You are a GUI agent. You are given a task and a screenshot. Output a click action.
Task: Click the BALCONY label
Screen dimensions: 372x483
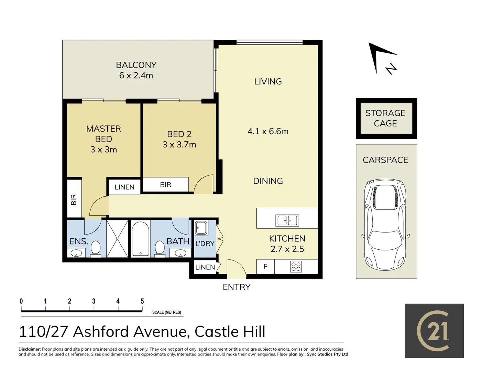point(136,65)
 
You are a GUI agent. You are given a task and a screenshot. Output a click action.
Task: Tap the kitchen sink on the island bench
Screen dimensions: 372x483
point(287,220)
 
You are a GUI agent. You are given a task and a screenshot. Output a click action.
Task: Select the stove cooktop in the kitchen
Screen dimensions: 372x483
point(296,267)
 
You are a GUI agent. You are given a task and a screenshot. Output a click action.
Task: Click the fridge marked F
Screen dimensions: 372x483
point(265,267)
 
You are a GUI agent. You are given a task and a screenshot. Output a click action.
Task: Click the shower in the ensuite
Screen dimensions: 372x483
point(117,239)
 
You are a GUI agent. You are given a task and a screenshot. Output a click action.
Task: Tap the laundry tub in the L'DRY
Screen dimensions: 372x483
point(201,228)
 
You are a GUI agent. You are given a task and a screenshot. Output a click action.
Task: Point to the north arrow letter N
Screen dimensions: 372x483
point(391,69)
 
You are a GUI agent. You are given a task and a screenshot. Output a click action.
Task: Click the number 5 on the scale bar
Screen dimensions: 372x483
point(142,301)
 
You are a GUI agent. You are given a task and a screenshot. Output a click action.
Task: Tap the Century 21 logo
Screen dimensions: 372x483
point(434,331)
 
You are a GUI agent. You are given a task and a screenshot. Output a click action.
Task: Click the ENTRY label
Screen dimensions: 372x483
point(237,287)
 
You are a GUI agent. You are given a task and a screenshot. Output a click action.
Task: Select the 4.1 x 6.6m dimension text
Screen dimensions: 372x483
point(268,131)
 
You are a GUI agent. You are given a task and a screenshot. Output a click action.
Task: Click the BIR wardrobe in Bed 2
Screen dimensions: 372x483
point(165,185)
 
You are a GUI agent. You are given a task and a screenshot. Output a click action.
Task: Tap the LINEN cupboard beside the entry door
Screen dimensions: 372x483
point(205,267)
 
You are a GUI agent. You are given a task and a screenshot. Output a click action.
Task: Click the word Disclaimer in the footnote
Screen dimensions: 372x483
point(30,349)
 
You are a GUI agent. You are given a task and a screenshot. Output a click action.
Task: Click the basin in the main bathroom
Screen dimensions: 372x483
point(180,253)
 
